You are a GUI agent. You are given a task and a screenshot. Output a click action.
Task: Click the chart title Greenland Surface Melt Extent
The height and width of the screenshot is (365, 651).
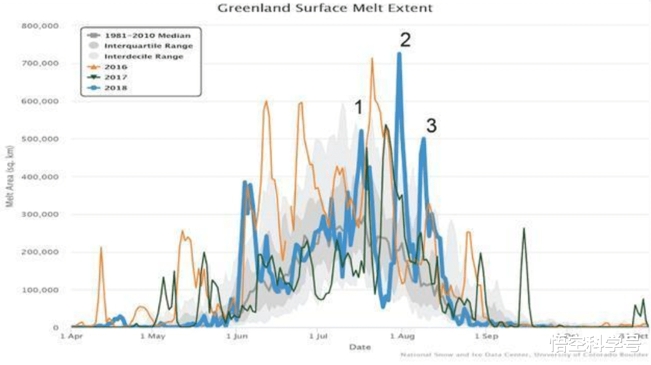tap(325, 8)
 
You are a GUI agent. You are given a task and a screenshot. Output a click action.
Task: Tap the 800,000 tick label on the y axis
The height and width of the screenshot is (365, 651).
tap(39, 26)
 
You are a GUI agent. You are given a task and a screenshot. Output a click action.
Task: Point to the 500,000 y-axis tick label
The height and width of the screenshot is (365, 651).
tap(39, 139)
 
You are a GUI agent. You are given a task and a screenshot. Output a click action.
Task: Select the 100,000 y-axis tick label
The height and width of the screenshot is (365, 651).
tap(39, 290)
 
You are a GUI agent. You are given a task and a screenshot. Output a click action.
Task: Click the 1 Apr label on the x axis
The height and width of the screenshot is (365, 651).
tap(72, 336)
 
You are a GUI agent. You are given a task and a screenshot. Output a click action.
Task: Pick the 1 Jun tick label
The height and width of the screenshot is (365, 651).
tap(237, 336)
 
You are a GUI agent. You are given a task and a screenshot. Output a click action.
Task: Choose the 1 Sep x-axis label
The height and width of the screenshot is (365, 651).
tap(486, 336)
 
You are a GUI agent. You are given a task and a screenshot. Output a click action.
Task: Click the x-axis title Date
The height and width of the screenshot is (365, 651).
tap(360, 347)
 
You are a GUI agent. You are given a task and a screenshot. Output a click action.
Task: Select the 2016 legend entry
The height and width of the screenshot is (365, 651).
tap(115, 67)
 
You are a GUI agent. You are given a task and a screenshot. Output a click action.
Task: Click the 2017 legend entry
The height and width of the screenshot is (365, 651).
tap(115, 77)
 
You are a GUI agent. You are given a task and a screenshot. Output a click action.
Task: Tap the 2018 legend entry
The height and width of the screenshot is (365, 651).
tap(115, 88)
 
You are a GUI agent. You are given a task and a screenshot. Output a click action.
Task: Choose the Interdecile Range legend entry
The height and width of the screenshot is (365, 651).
tap(144, 56)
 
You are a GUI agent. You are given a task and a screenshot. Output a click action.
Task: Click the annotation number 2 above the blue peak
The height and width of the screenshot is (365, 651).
tap(405, 40)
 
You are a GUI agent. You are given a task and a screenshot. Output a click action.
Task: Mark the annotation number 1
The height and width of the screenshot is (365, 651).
tap(358, 108)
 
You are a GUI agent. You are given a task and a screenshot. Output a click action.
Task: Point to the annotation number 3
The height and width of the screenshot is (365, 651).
tap(431, 126)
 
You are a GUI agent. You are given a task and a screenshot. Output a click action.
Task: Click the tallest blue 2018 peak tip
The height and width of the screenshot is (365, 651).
tap(399, 54)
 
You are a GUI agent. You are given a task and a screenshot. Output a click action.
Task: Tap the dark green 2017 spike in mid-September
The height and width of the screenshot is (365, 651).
tap(524, 229)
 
